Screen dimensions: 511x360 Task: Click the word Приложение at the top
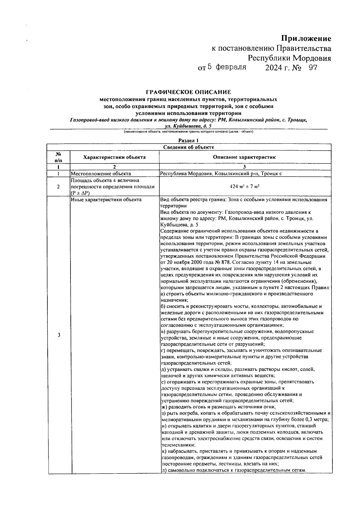306,39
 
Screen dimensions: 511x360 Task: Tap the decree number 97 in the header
313,68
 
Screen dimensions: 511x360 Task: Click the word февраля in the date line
231,67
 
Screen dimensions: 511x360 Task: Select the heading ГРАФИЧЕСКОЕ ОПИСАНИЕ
188,92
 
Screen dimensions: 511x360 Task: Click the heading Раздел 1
188,140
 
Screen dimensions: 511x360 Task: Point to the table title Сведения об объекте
188,147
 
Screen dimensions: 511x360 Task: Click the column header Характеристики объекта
114,157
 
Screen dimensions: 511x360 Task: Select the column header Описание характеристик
244,157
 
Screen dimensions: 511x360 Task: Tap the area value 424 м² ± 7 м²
244,187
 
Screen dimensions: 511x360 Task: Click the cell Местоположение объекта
101,174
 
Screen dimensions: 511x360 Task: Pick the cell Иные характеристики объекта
106,199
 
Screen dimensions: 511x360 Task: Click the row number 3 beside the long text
59,335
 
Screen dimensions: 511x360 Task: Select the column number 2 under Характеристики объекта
114,167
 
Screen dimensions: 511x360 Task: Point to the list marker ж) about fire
164,407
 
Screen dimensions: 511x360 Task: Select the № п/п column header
58,157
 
